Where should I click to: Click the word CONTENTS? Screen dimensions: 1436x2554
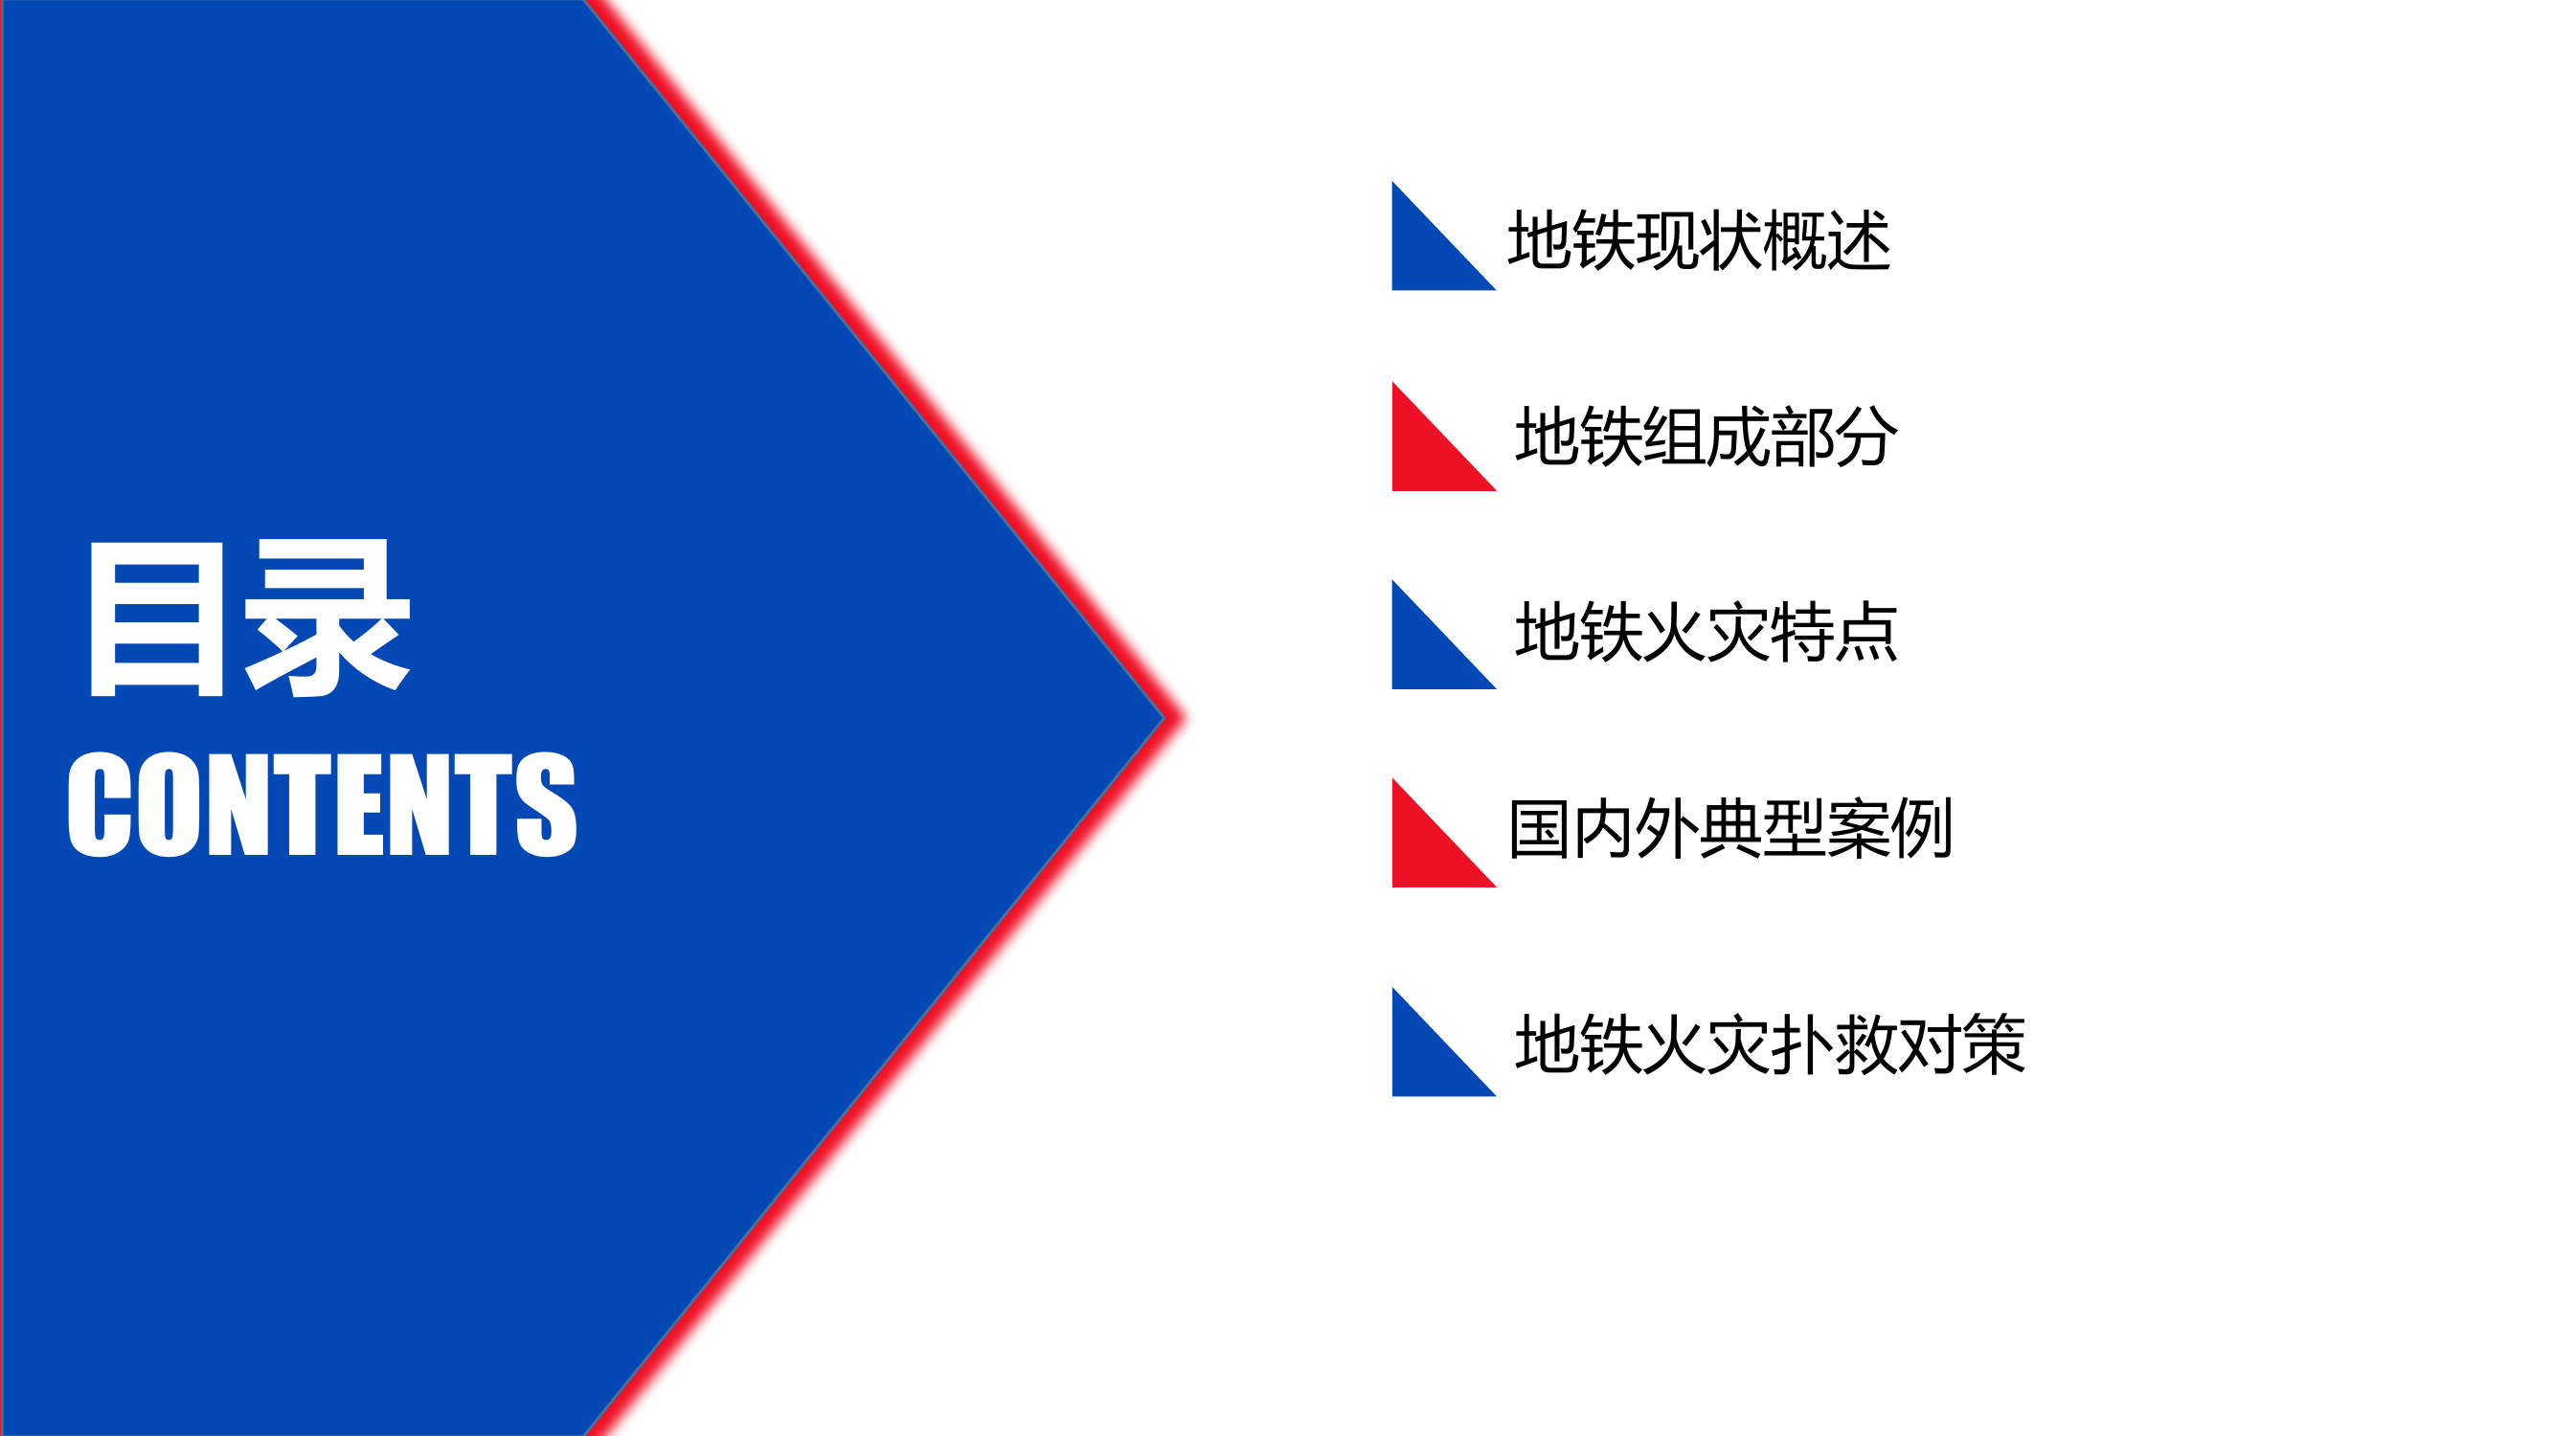(322, 804)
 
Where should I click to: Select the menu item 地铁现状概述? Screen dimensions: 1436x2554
(1699, 241)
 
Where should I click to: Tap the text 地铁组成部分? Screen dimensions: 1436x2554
(1706, 438)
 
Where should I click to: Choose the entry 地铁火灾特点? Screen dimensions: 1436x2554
(1706, 632)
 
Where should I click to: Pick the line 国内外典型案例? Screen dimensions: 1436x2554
(1730, 828)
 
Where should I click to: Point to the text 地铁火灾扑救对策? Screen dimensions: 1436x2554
(1770, 1044)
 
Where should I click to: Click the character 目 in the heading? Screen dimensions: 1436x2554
(157, 618)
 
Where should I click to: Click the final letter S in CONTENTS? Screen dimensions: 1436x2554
(546, 804)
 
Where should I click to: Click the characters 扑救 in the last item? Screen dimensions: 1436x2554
(1833, 1044)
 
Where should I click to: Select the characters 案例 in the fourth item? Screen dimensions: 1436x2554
(1889, 828)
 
